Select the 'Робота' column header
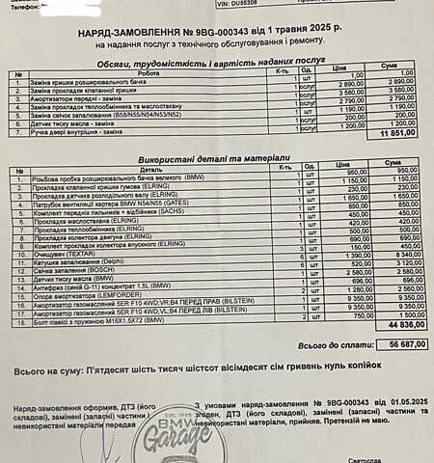tap(149, 72)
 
